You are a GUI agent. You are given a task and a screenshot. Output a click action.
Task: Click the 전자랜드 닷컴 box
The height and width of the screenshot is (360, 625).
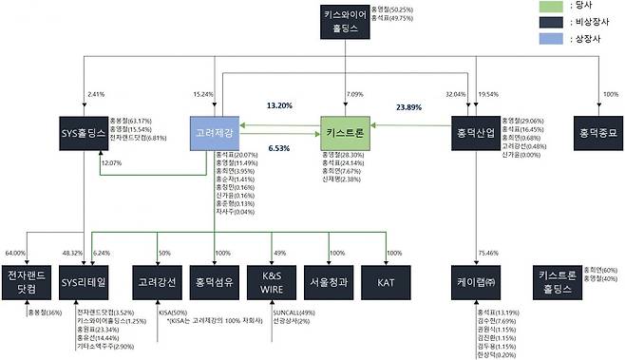tap(28, 281)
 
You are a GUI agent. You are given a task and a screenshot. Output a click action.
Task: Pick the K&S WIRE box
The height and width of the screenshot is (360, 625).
tap(272, 281)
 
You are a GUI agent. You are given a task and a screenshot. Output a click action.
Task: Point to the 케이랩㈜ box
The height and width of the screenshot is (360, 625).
tap(478, 281)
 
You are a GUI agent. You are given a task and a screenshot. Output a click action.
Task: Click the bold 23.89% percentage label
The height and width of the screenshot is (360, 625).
tap(410, 108)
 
